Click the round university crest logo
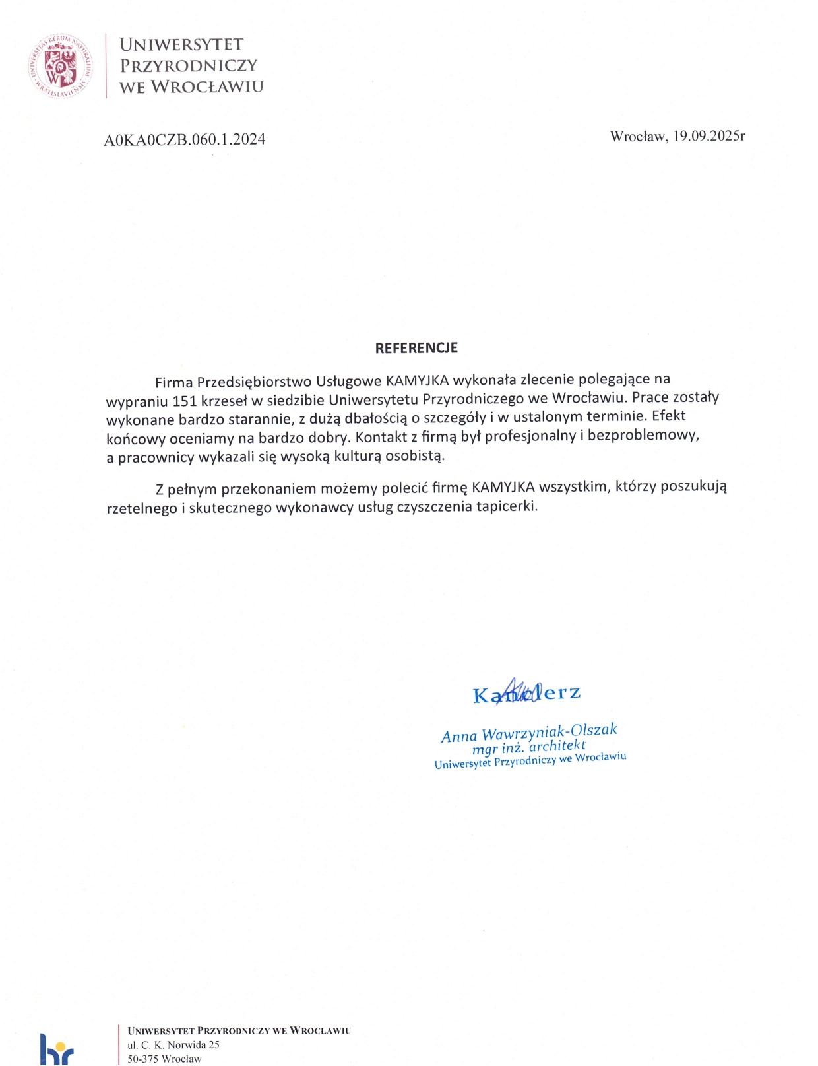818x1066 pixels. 60,66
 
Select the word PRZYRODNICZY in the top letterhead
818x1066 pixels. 189,65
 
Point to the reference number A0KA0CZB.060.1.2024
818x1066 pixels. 185,139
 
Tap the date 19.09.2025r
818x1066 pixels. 709,136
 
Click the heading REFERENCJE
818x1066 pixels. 416,348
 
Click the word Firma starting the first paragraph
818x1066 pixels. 174,382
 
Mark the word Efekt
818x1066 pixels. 669,416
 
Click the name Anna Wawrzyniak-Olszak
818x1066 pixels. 529,733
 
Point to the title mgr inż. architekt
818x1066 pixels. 528,747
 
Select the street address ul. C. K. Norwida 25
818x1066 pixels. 173,1045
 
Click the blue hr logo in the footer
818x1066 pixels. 57,1050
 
